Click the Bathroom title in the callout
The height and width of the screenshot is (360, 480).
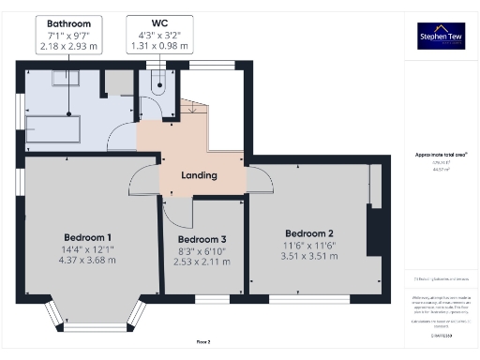pos(68,22)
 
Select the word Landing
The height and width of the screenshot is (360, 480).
pos(199,175)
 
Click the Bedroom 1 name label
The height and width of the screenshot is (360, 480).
pos(88,236)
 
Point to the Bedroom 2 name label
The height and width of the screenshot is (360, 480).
pos(309,233)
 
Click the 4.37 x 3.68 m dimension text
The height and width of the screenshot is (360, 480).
pos(88,260)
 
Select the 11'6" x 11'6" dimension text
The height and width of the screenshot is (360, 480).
pos(309,245)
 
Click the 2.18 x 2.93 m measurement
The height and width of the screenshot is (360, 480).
pos(68,44)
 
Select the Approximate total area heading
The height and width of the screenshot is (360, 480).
pos(441,154)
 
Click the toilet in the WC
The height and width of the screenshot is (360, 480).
pos(159,84)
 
